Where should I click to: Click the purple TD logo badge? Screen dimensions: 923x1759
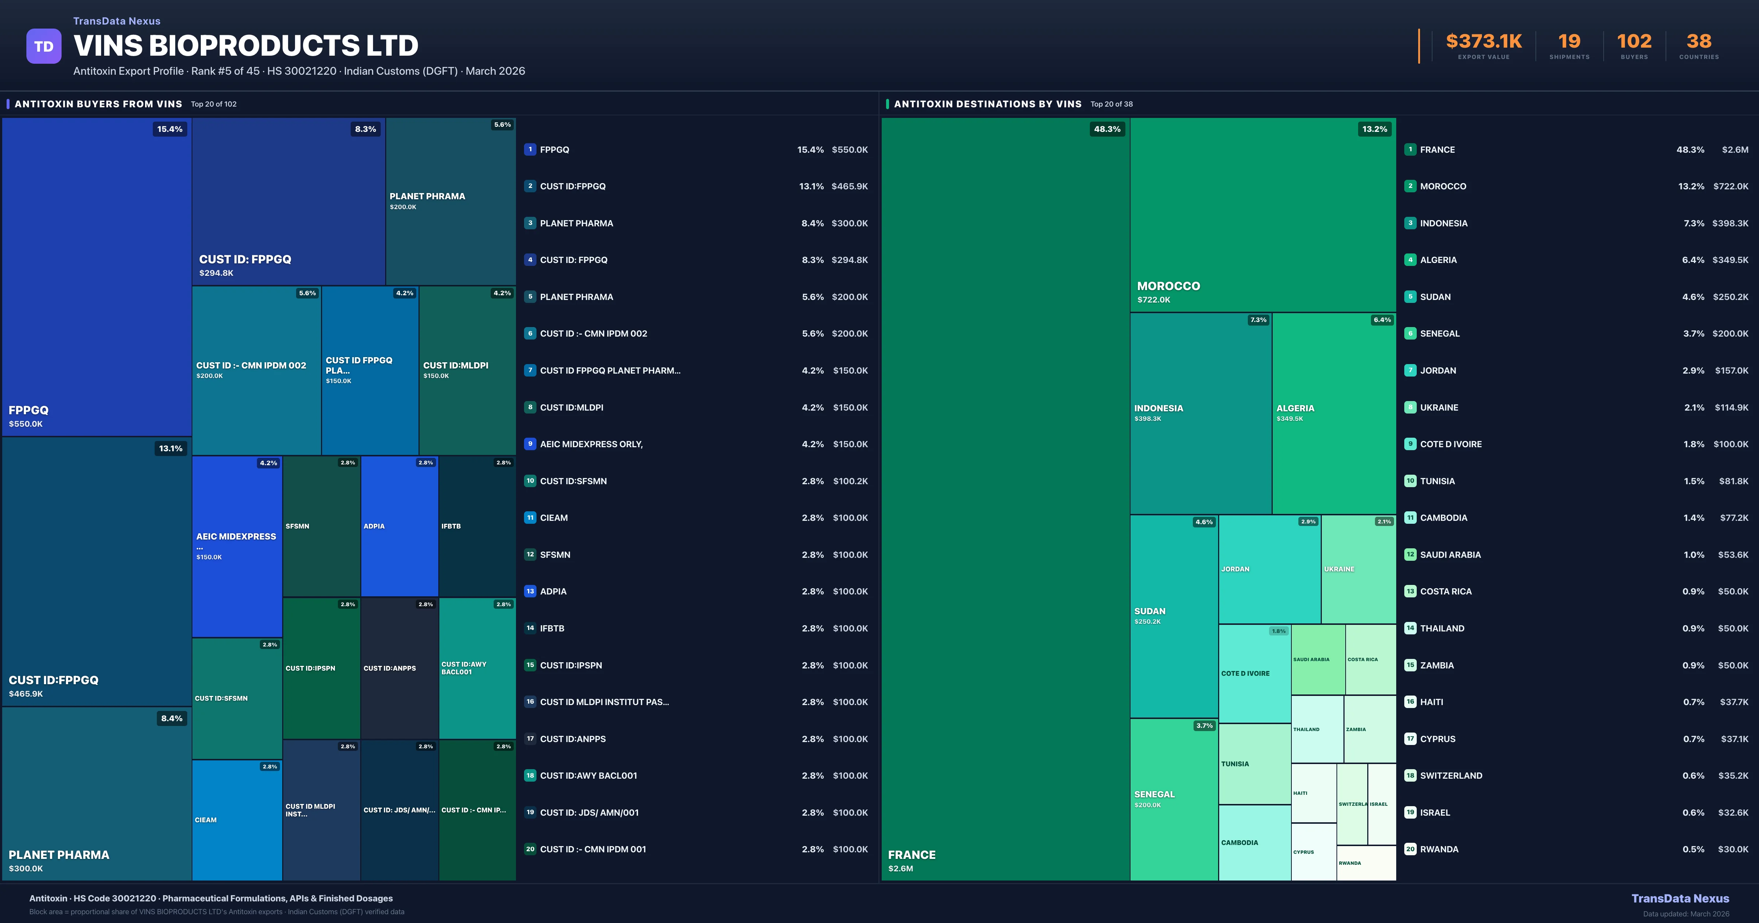click(x=44, y=47)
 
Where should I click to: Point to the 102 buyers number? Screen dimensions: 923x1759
click(x=1634, y=42)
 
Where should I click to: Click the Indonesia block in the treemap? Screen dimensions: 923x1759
click(x=1201, y=413)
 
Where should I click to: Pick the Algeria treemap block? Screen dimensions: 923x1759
click(x=1334, y=413)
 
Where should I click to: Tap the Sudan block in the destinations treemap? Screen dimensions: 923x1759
click(x=1174, y=616)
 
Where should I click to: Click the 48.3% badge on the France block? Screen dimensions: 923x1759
click(x=1107, y=129)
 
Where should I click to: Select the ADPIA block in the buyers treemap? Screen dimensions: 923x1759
click(x=399, y=526)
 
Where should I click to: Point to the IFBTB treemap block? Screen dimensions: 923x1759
click(x=477, y=526)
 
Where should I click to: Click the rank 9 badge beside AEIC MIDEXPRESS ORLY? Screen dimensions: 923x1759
click(x=530, y=444)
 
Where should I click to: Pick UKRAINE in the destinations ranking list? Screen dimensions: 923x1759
click(x=1439, y=408)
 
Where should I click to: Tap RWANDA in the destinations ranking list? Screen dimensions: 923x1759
click(x=1439, y=849)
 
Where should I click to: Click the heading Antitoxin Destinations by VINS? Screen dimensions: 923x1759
click(x=987, y=104)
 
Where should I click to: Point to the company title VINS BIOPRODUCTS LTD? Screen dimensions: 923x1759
click(x=246, y=46)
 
